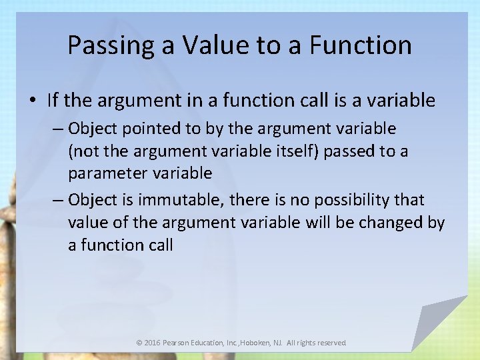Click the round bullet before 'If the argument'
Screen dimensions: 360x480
click(x=33, y=101)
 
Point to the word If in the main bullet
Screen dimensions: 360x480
click(x=53, y=101)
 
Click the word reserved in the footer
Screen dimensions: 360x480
click(x=331, y=343)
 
